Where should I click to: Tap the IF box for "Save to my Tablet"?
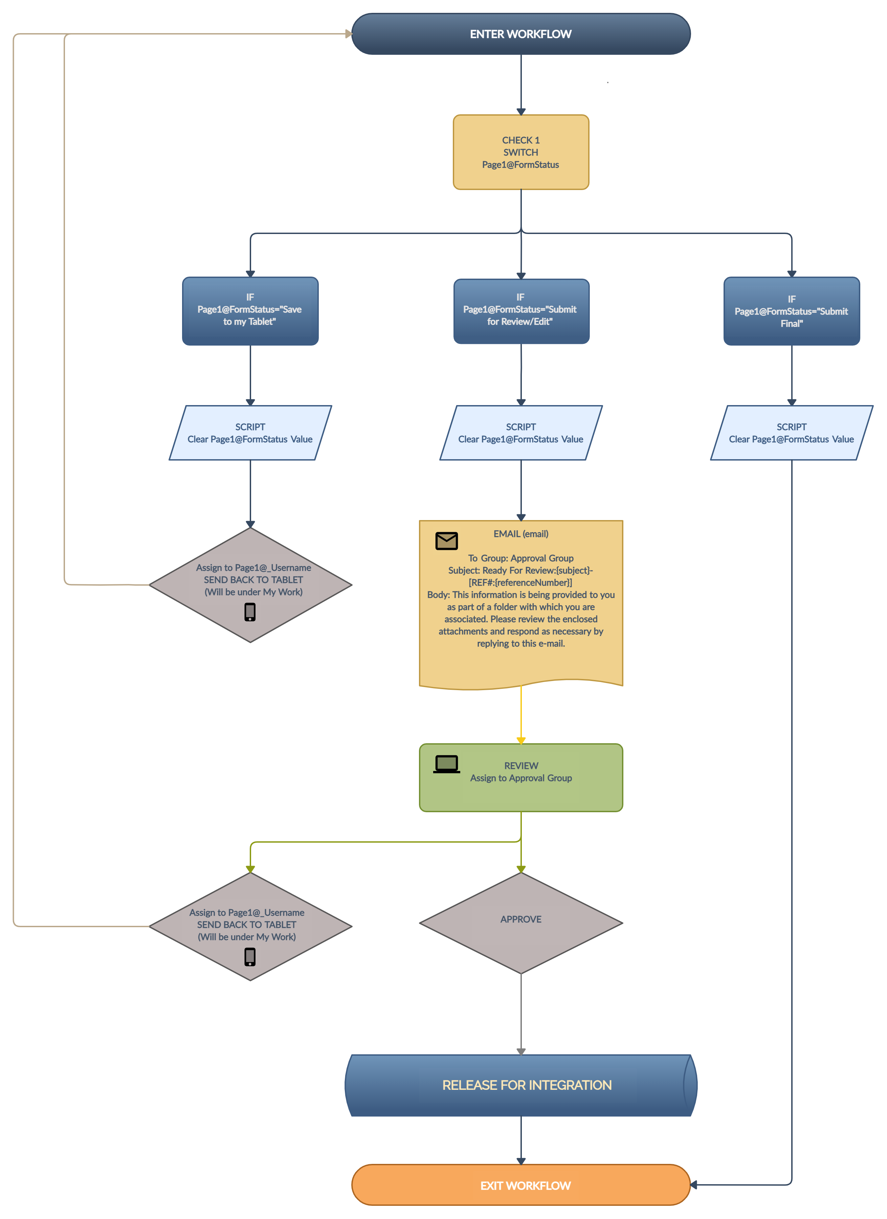(250, 311)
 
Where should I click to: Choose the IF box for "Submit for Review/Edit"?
(521, 311)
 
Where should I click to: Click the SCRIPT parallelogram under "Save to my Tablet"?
(250, 433)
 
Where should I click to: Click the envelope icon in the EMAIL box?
(446, 541)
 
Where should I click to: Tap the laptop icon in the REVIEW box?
(446, 764)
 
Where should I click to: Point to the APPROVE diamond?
(521, 922)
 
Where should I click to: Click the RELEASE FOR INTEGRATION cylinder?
(521, 1085)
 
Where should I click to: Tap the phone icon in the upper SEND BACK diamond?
(250, 612)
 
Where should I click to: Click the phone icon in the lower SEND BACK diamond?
(250, 956)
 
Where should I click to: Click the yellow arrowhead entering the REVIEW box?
(521, 740)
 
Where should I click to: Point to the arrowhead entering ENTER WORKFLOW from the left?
(349, 34)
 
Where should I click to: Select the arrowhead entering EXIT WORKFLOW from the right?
(694, 1184)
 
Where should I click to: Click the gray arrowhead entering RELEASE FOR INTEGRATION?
(521, 1051)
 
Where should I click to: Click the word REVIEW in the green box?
(521, 765)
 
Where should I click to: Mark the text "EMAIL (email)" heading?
(521, 534)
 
